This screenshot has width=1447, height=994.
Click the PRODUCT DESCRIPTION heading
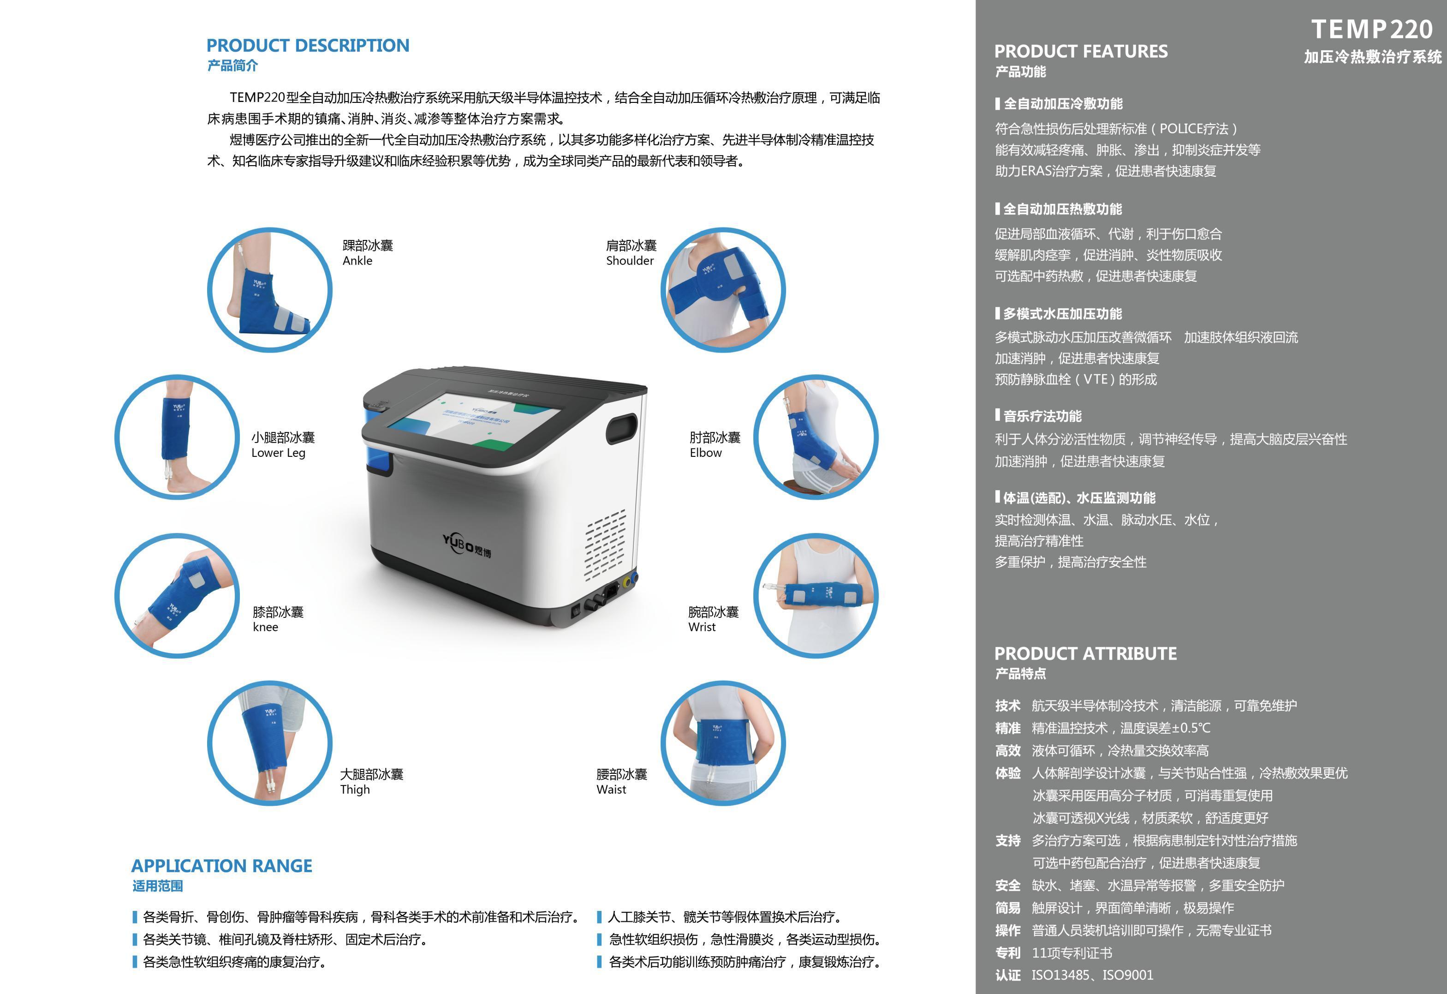pos(308,46)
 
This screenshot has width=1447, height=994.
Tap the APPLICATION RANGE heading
pos(222,866)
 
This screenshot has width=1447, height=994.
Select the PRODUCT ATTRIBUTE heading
pos(1085,653)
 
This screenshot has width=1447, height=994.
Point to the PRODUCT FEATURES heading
pos(1081,51)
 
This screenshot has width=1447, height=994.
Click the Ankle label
pos(357,260)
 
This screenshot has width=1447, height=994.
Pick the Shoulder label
pos(630,260)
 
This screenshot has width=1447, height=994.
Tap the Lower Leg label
pos(278,453)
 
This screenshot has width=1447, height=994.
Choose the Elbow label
pos(705,453)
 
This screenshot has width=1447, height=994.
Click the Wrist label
pos(702,627)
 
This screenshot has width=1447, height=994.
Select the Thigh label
pos(355,790)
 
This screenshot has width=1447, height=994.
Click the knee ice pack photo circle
pos(178,595)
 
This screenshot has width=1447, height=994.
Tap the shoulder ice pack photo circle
pos(723,290)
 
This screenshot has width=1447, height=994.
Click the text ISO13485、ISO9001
pos(1092,976)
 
